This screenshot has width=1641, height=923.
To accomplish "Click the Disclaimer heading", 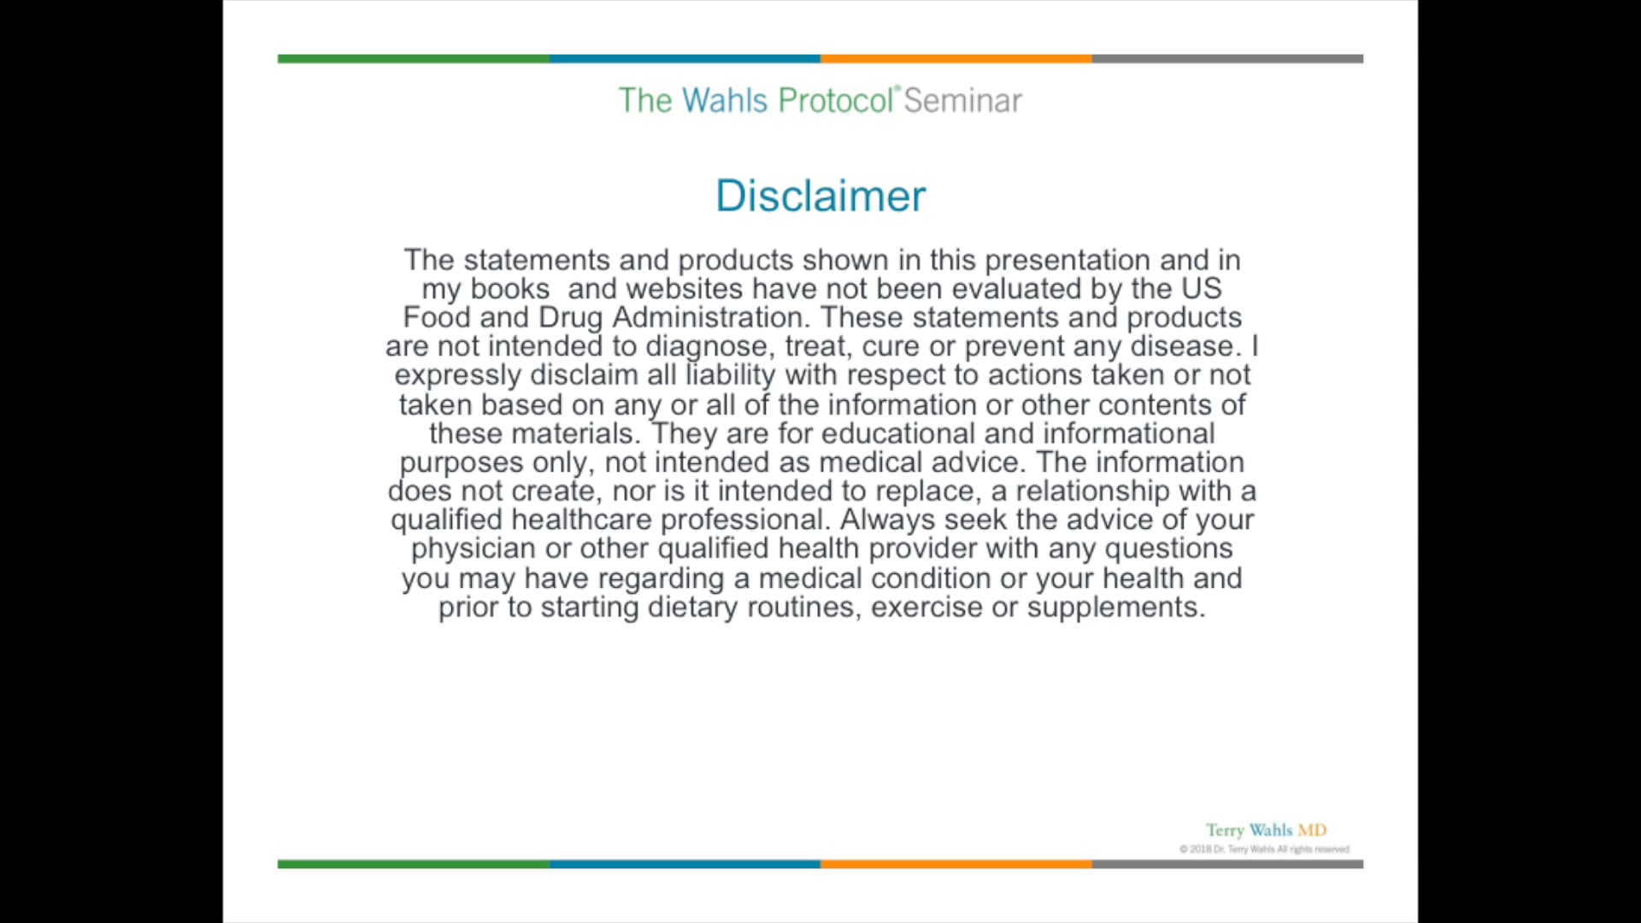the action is click(x=820, y=196).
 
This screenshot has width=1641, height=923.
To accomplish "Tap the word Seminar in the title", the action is click(x=962, y=101).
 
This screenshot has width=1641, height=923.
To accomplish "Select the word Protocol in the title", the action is click(x=836, y=101).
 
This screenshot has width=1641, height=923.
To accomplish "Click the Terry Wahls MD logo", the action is click(x=1266, y=830).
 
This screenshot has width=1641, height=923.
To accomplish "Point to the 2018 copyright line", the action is click(x=1264, y=850).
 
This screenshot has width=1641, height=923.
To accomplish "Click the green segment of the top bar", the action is click(x=414, y=59).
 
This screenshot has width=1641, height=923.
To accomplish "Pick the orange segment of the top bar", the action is click(x=956, y=59).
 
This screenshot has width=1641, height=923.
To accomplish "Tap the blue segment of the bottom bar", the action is click(x=685, y=864).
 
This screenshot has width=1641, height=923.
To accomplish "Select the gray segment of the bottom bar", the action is click(x=1227, y=864).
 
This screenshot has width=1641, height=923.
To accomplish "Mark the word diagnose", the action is click(x=707, y=347).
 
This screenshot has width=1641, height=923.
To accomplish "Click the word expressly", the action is click(x=457, y=376).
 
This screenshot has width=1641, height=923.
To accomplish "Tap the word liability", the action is click(x=731, y=375).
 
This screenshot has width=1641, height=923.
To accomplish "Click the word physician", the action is click(x=473, y=549).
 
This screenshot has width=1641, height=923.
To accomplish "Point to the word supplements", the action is click(x=1116, y=608).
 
